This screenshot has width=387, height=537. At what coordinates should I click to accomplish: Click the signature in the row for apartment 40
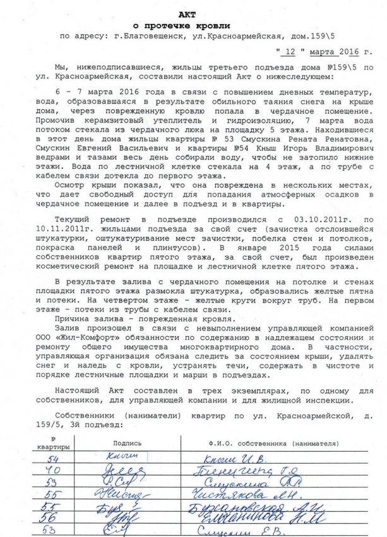pyautogui.click(x=126, y=471)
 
